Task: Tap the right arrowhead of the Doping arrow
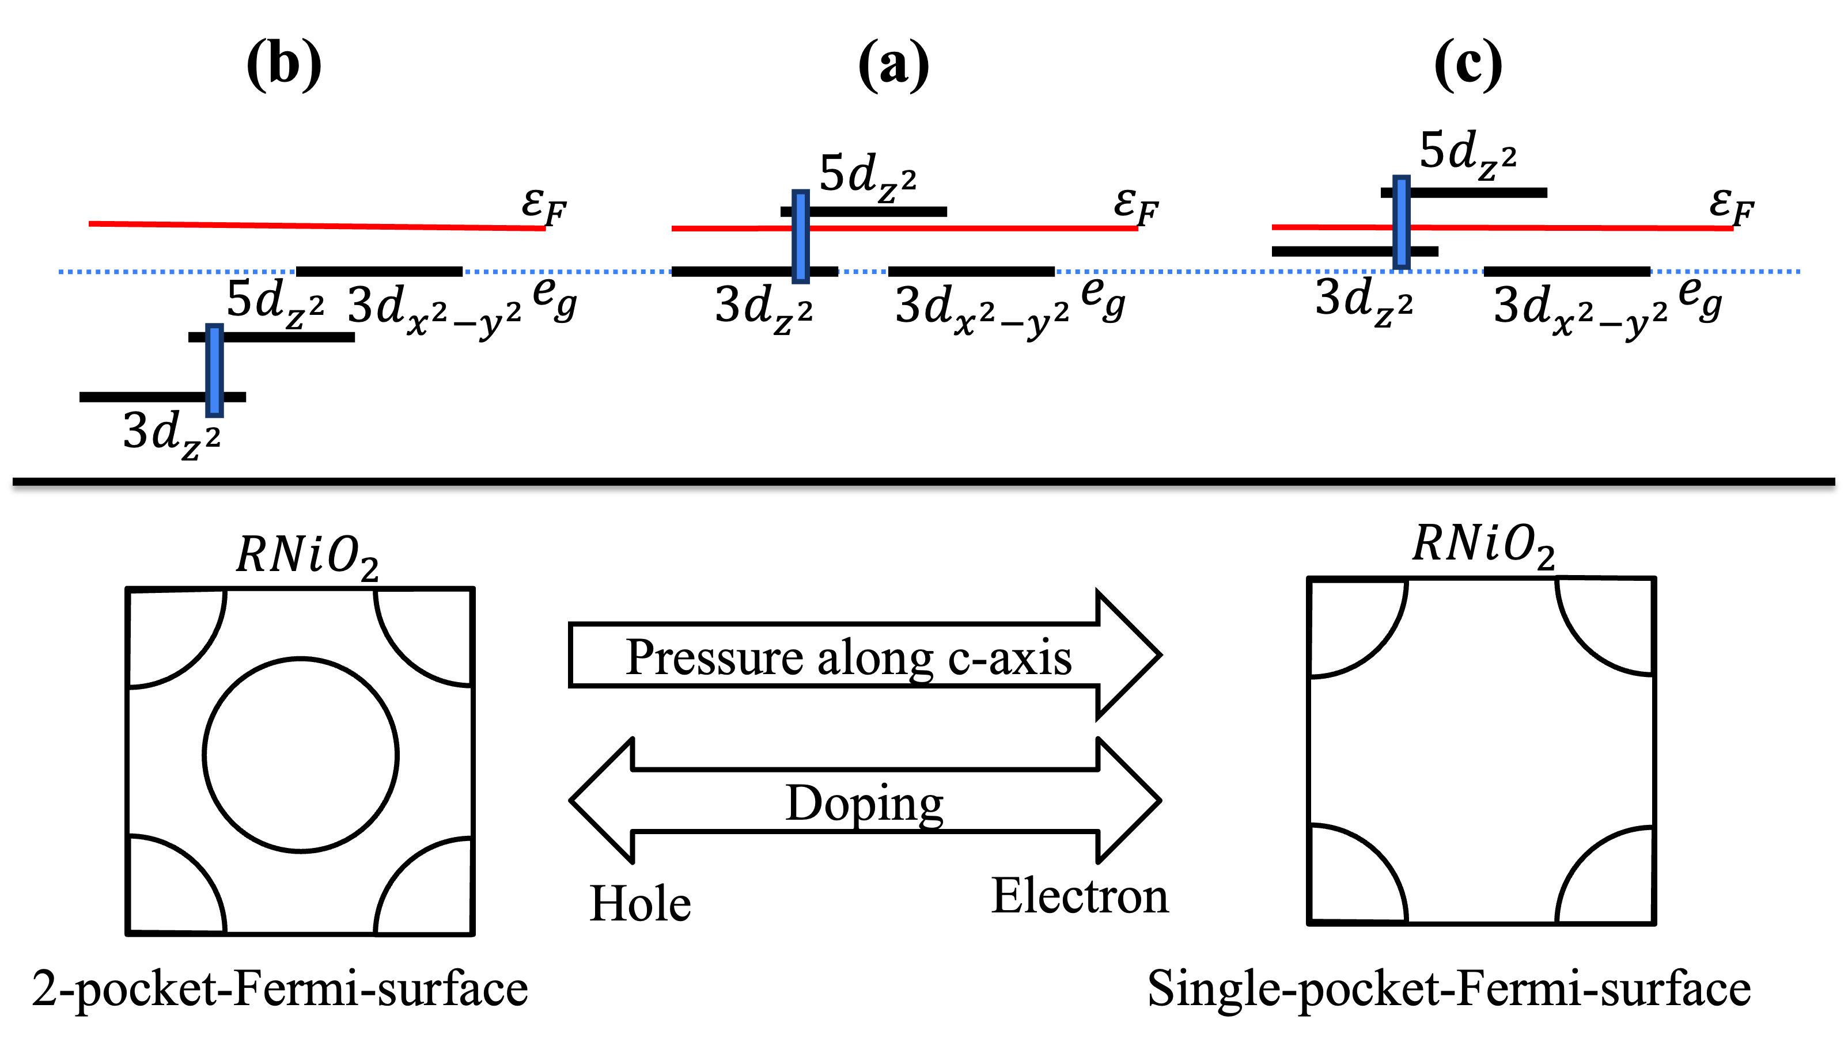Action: click(x=1129, y=801)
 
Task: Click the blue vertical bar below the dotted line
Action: click(x=214, y=370)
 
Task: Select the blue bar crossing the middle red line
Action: click(x=800, y=236)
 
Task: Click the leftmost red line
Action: click(x=317, y=226)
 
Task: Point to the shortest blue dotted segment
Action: click(x=862, y=272)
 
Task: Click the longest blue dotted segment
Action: click(x=1270, y=272)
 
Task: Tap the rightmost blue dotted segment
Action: click(x=1725, y=272)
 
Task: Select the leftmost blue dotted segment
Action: click(x=177, y=272)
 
